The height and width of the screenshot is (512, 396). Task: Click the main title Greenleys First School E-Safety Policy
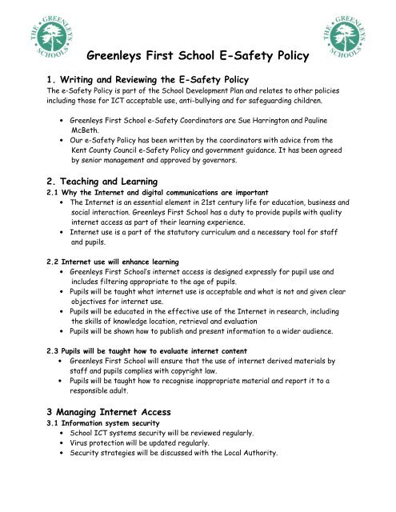coord(198,58)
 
